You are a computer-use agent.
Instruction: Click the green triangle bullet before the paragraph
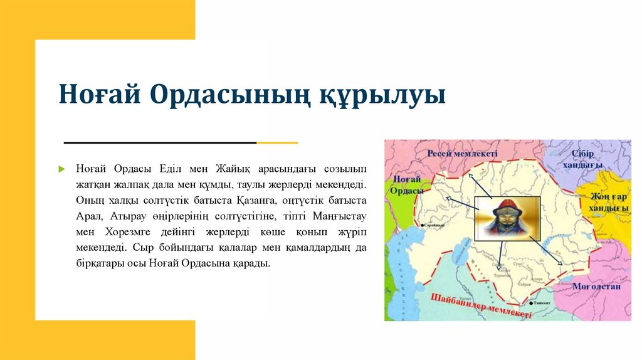(x=62, y=169)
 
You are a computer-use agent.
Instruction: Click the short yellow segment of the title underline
(x=277, y=143)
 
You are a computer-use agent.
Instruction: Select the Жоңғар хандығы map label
(x=608, y=202)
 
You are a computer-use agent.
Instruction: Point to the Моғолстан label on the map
(x=596, y=286)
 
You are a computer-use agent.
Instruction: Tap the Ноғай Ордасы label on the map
(x=404, y=184)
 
